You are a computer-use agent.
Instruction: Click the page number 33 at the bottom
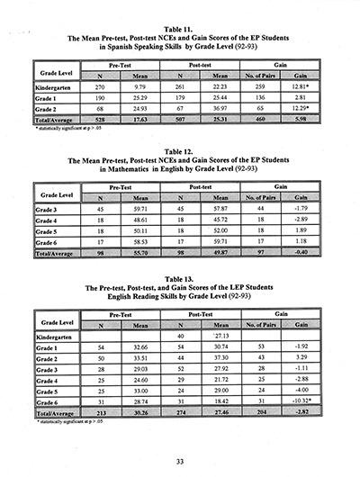pyautogui.click(x=180, y=460)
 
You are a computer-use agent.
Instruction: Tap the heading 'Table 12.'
pyautogui.click(x=180, y=154)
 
